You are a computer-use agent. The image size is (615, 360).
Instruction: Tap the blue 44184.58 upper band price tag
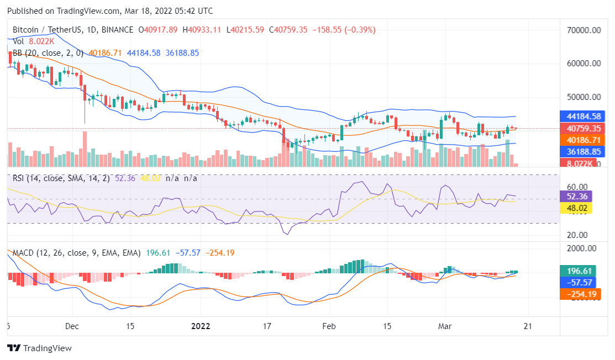[x=584, y=117]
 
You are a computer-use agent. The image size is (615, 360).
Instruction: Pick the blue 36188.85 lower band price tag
[x=584, y=151]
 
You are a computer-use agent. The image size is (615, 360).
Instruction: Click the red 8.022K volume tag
[x=580, y=163]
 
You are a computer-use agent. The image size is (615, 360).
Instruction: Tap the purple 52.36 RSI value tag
[x=576, y=196]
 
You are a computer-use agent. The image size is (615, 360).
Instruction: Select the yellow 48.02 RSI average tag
[x=576, y=208]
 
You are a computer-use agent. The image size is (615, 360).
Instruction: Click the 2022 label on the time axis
[x=201, y=326]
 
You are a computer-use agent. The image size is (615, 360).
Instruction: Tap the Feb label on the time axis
[x=329, y=326]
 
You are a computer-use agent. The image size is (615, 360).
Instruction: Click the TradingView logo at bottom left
[x=39, y=348]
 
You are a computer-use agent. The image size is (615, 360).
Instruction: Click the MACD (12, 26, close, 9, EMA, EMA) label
[x=77, y=253]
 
